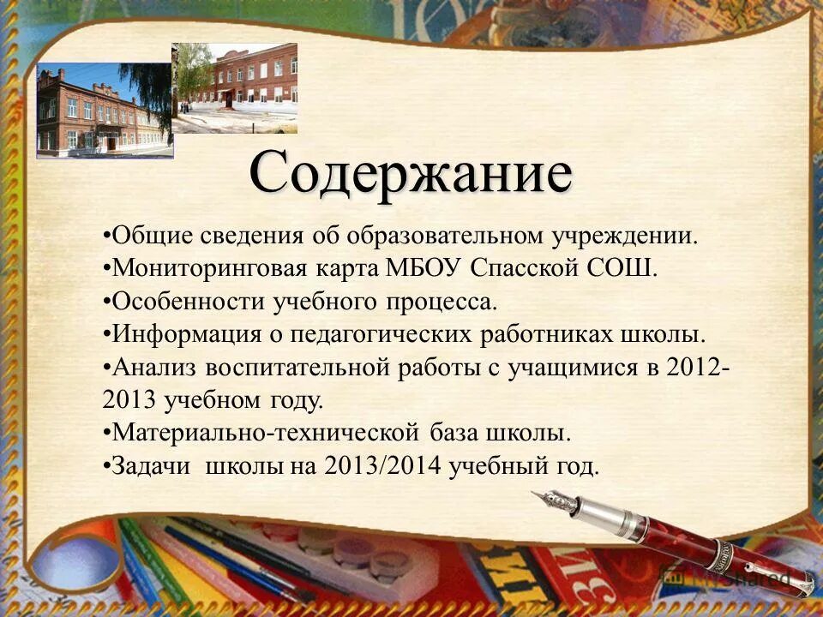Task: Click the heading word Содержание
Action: click(411, 175)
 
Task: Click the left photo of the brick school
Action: click(105, 111)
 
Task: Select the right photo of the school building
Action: click(235, 87)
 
